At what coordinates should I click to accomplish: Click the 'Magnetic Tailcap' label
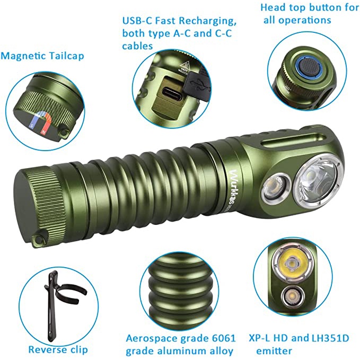tap(42, 56)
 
